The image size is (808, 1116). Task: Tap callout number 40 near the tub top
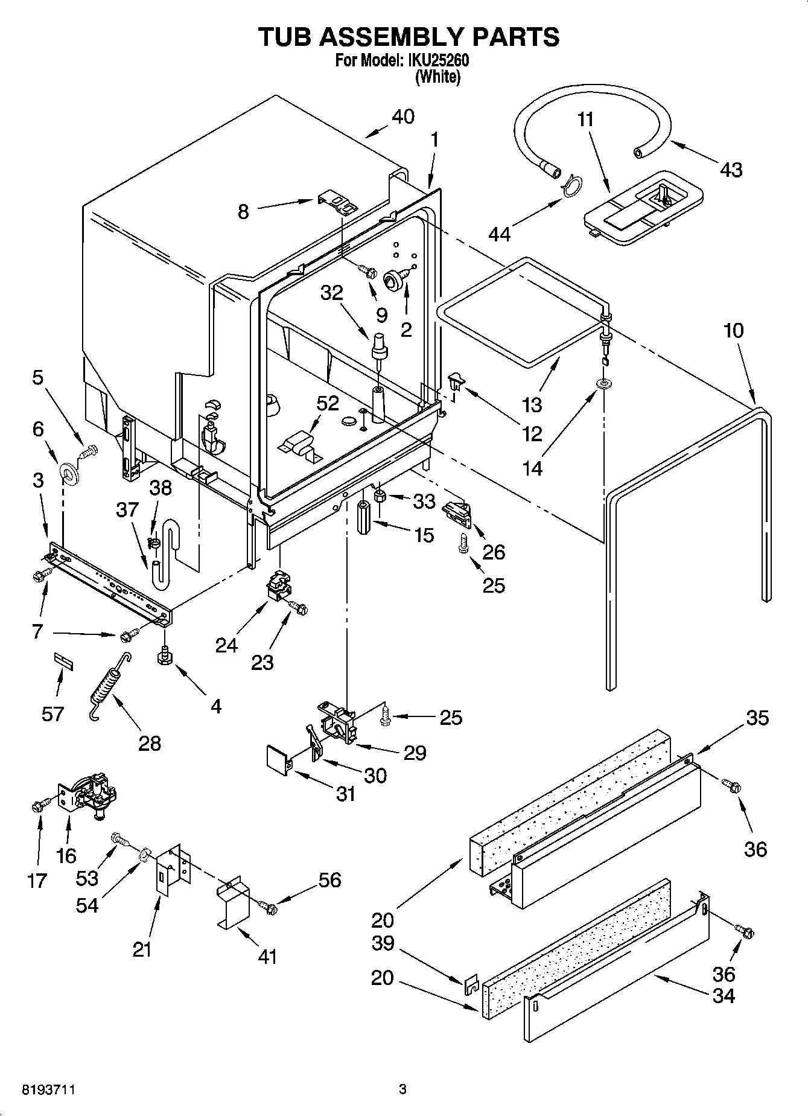tap(403, 116)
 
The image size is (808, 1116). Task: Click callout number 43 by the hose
tap(731, 170)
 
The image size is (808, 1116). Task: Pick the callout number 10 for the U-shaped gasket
tap(733, 331)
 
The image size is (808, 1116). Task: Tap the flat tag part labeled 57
tap(63, 658)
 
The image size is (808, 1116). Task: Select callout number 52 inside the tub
tap(328, 403)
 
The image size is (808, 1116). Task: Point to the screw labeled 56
tap(267, 905)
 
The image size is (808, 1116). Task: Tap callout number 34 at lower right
tap(724, 996)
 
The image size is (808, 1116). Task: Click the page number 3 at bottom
tap(403, 1089)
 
